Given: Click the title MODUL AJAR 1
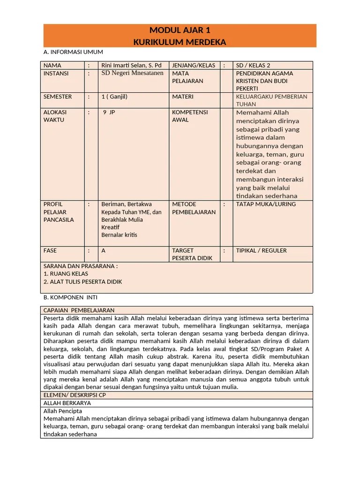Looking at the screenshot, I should (x=180, y=31).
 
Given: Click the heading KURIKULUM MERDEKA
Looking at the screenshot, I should (x=180, y=42).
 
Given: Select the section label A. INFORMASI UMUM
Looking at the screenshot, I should (x=73, y=52).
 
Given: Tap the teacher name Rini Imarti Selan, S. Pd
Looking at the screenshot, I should (x=131, y=66).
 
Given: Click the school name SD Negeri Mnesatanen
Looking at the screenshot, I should (x=132, y=73).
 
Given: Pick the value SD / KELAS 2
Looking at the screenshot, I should (x=253, y=66).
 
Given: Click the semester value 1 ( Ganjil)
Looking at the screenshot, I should (x=114, y=97).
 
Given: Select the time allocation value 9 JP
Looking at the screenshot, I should (x=109, y=112).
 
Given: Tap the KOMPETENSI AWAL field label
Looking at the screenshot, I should (x=190, y=116).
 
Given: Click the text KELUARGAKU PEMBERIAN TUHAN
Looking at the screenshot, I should (x=271, y=100).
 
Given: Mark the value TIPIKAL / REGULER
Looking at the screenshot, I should (x=261, y=250).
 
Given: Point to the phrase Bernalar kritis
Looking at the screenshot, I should (x=119, y=235).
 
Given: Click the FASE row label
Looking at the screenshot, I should (x=50, y=250).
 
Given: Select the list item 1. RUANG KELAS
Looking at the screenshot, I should (x=66, y=274).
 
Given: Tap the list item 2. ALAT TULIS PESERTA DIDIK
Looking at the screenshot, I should (x=82, y=282).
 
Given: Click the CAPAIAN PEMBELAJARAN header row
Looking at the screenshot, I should (x=79, y=310).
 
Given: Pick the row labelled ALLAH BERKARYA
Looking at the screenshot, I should (x=67, y=403).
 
